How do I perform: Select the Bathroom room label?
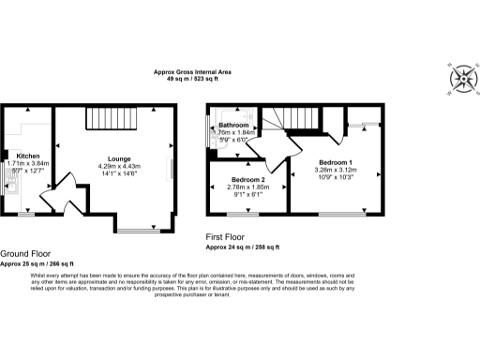[233, 125]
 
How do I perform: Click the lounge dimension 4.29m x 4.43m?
[119, 167]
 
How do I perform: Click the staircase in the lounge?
[112, 119]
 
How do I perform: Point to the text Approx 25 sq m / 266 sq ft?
[38, 264]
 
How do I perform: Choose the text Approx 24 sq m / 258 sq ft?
[243, 247]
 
